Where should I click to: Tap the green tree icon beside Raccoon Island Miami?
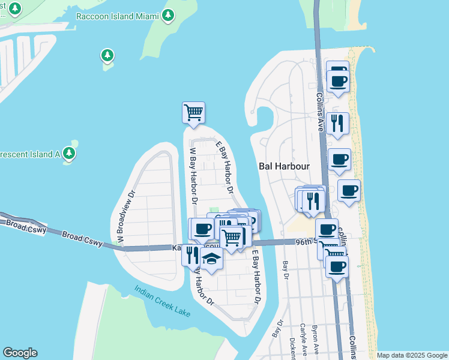169,14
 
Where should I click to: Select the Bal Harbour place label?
283,166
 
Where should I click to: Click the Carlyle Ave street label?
304,342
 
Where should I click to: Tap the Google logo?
20,353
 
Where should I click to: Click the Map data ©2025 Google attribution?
412,355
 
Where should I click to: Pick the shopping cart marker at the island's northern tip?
193,112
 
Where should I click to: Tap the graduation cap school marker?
211,258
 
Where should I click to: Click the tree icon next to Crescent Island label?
70,154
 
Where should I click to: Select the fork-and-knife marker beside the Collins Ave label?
337,123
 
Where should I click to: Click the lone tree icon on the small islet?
107,56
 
